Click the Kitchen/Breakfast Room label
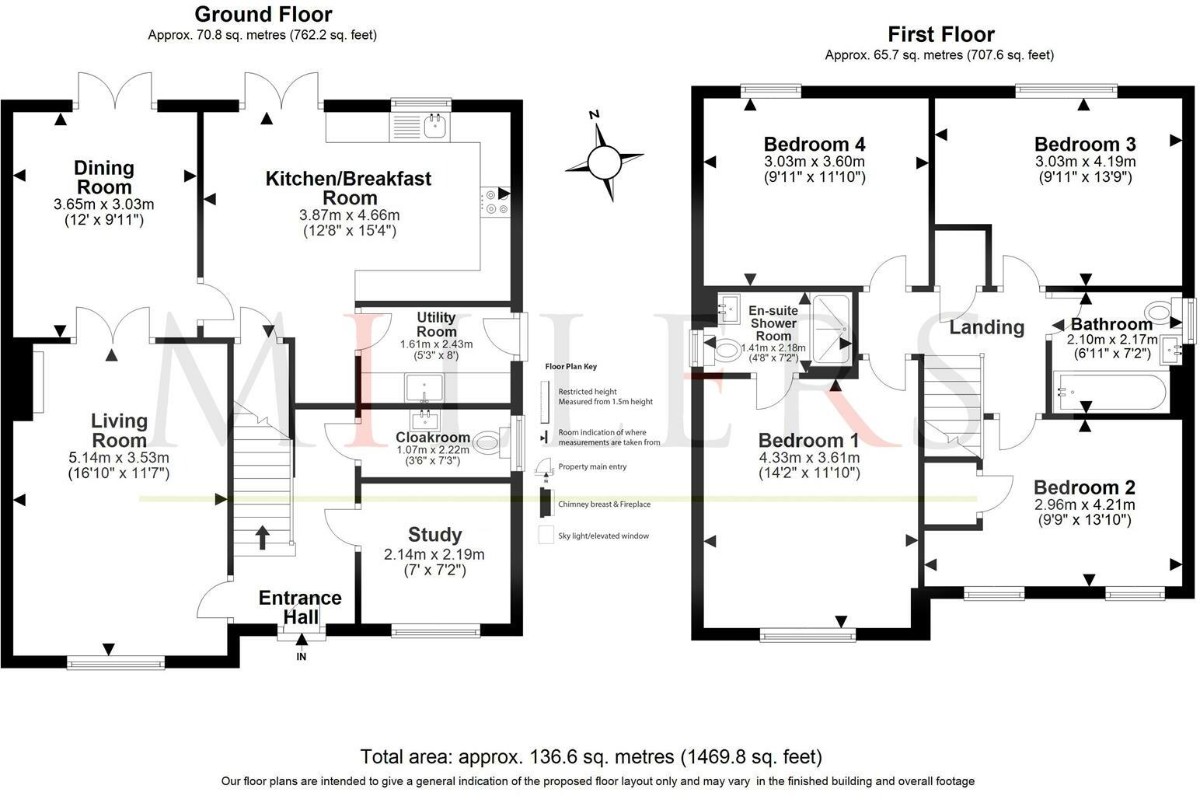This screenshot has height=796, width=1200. [x=349, y=188]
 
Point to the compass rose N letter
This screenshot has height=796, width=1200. [x=594, y=114]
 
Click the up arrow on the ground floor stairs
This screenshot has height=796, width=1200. [x=262, y=537]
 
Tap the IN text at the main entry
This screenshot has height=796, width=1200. [x=301, y=657]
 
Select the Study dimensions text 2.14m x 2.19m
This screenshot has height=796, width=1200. [x=434, y=554]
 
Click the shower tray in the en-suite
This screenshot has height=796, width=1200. [x=831, y=329]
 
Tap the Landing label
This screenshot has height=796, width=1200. [x=987, y=327]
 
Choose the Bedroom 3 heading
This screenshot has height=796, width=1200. [x=1085, y=144]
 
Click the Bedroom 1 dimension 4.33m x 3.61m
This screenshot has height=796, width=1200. [x=809, y=458]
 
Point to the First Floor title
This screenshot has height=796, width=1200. [x=940, y=34]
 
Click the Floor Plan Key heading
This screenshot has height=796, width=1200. [x=570, y=366]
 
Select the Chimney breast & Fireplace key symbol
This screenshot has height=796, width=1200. [x=546, y=504]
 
